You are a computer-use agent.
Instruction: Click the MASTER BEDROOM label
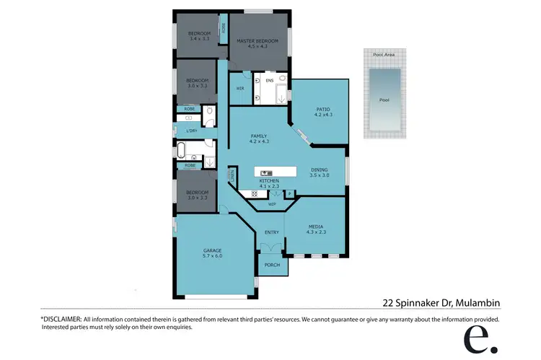click(257, 41)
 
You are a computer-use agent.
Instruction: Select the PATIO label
click(322, 109)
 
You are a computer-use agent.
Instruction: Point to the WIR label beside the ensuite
click(240, 88)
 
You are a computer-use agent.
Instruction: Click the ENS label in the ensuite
click(269, 81)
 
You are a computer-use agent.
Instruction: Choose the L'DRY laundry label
click(192, 131)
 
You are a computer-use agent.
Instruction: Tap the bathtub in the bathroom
click(186, 150)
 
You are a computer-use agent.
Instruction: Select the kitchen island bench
click(275, 172)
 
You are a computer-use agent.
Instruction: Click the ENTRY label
click(271, 232)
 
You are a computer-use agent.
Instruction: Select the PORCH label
click(271, 265)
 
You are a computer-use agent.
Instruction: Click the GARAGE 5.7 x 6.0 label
click(212, 253)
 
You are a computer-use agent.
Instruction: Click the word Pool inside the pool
click(384, 100)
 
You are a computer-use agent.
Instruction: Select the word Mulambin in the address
click(479, 302)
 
